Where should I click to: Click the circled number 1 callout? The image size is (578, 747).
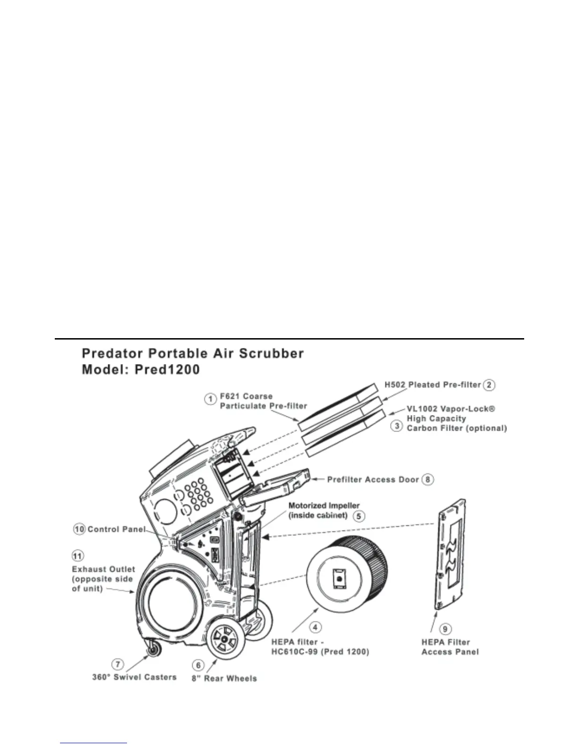click(211, 399)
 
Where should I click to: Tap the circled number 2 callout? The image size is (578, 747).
click(490, 385)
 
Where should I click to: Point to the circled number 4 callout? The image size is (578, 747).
click(315, 627)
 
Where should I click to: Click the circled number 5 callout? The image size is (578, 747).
click(359, 516)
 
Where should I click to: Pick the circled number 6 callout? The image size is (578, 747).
click(198, 665)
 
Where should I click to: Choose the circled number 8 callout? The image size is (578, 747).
click(428, 480)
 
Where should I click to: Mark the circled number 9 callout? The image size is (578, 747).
click(445, 629)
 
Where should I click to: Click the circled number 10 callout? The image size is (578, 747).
click(79, 529)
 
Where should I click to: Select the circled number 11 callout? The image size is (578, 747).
click(77, 556)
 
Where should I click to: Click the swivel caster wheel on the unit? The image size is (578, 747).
click(153, 650)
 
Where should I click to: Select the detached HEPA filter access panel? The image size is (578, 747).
click(450, 555)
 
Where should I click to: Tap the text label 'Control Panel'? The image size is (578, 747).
click(116, 529)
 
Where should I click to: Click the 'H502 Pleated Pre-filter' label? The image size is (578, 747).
click(432, 385)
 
